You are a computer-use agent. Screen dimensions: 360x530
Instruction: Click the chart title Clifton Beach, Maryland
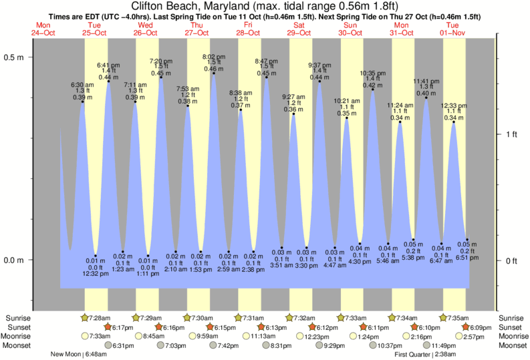[265, 6]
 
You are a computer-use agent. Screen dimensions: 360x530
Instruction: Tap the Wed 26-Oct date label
[146, 29]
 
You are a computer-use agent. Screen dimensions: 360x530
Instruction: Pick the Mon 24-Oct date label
[43, 29]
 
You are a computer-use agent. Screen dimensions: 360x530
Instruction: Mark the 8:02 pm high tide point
[214, 73]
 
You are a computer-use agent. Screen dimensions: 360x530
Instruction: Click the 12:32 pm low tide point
[96, 256]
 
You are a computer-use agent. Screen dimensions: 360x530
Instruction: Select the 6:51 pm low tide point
[467, 240]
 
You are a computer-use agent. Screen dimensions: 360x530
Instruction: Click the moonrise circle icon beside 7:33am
[85, 336]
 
